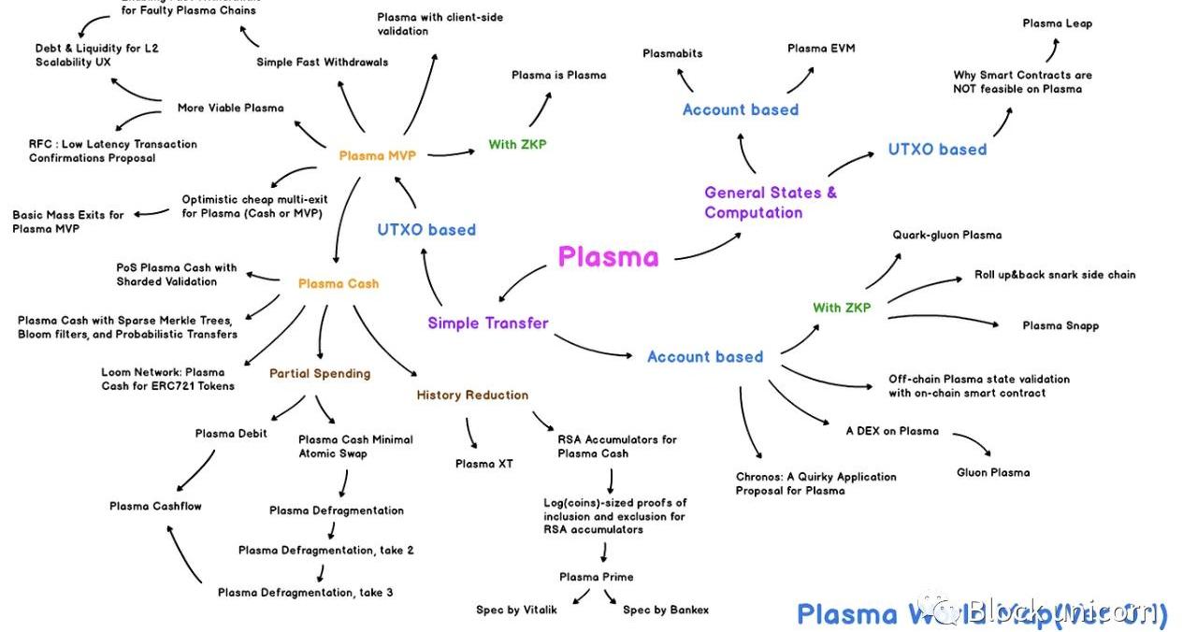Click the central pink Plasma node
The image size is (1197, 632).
point(608,257)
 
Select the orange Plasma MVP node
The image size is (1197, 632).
point(377,155)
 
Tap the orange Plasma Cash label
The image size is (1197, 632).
point(339,283)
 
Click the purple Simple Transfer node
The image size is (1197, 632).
point(487,323)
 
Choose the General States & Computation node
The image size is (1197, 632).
point(770,202)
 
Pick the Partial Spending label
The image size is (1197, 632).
point(320,373)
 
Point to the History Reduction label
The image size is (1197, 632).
point(472,395)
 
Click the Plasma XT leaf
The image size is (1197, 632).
point(483,464)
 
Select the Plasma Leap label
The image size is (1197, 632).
point(1057,23)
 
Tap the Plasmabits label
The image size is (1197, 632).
point(672,53)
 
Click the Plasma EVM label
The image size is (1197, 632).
point(821,48)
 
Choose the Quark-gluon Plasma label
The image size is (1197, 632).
point(947,235)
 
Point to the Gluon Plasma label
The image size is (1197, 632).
point(993,472)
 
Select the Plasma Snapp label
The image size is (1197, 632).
point(1060,325)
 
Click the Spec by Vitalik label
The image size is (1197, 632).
point(516,610)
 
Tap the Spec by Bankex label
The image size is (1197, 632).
point(666,610)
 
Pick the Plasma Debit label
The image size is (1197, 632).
point(231,433)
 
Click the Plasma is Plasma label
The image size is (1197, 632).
point(558,75)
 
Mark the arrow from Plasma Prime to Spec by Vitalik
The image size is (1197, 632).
point(577,596)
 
